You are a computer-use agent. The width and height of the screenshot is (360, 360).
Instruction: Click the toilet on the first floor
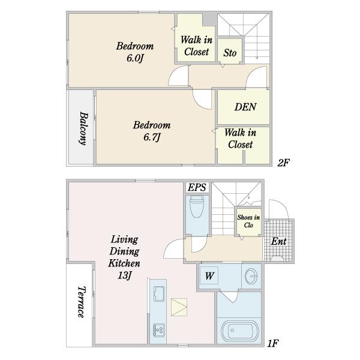(197, 206)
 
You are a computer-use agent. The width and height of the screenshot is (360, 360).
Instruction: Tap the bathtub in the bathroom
(239, 331)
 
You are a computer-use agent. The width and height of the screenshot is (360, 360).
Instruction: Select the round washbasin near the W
(251, 276)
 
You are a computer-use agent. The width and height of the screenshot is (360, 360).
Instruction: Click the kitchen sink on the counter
(159, 293)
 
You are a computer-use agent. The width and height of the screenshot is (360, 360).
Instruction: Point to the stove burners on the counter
(159, 330)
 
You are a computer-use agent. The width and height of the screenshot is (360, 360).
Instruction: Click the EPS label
(197, 188)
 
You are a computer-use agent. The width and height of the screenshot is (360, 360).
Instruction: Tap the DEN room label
(245, 107)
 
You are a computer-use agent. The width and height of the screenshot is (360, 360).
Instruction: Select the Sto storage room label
(230, 53)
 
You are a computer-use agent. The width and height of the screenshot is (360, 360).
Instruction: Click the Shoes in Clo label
(248, 221)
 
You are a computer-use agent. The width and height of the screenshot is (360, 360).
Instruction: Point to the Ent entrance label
(278, 241)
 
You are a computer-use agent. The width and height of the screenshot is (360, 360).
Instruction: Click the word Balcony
(83, 128)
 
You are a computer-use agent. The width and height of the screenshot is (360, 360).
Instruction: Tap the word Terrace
(82, 302)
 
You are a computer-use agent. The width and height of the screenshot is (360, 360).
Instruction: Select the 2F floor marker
(283, 163)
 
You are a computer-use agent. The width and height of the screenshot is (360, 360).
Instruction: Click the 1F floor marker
(273, 343)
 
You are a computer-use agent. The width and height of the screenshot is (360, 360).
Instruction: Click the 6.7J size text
(152, 137)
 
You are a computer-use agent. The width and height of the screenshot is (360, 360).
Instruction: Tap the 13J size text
(124, 275)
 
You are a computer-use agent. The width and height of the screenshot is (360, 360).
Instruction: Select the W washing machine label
(209, 276)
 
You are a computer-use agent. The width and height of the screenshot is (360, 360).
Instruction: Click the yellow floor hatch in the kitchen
(179, 307)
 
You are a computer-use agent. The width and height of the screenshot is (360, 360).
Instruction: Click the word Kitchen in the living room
(124, 263)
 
